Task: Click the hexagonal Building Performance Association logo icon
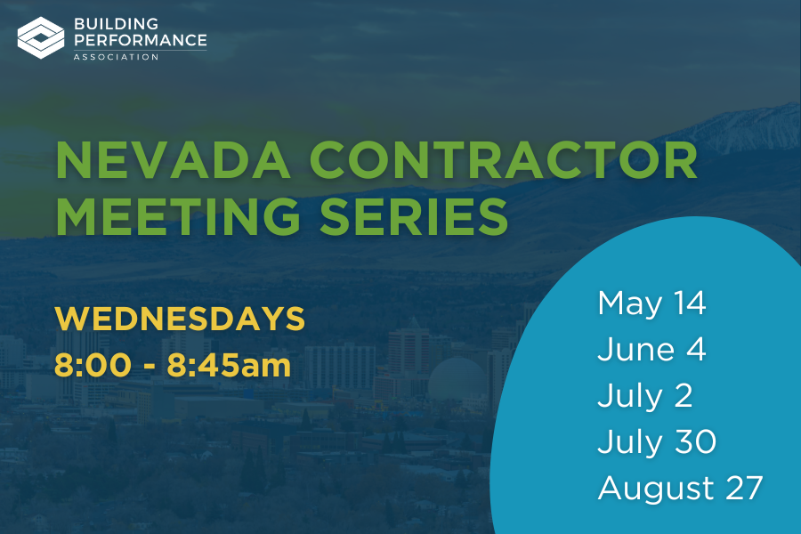click(x=41, y=37)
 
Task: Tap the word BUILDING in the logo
click(x=116, y=23)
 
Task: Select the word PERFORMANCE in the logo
click(x=141, y=40)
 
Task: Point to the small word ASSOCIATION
click(x=116, y=57)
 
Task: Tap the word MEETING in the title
click(x=178, y=216)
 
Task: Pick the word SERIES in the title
click(x=414, y=216)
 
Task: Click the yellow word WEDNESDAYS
click(x=180, y=319)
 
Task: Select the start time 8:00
click(x=93, y=365)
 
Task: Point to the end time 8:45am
click(x=230, y=365)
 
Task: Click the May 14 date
click(x=651, y=304)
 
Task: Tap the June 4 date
click(x=651, y=350)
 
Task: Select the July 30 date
click(x=657, y=442)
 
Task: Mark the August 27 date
click(x=681, y=489)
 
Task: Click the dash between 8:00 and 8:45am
click(x=150, y=367)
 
